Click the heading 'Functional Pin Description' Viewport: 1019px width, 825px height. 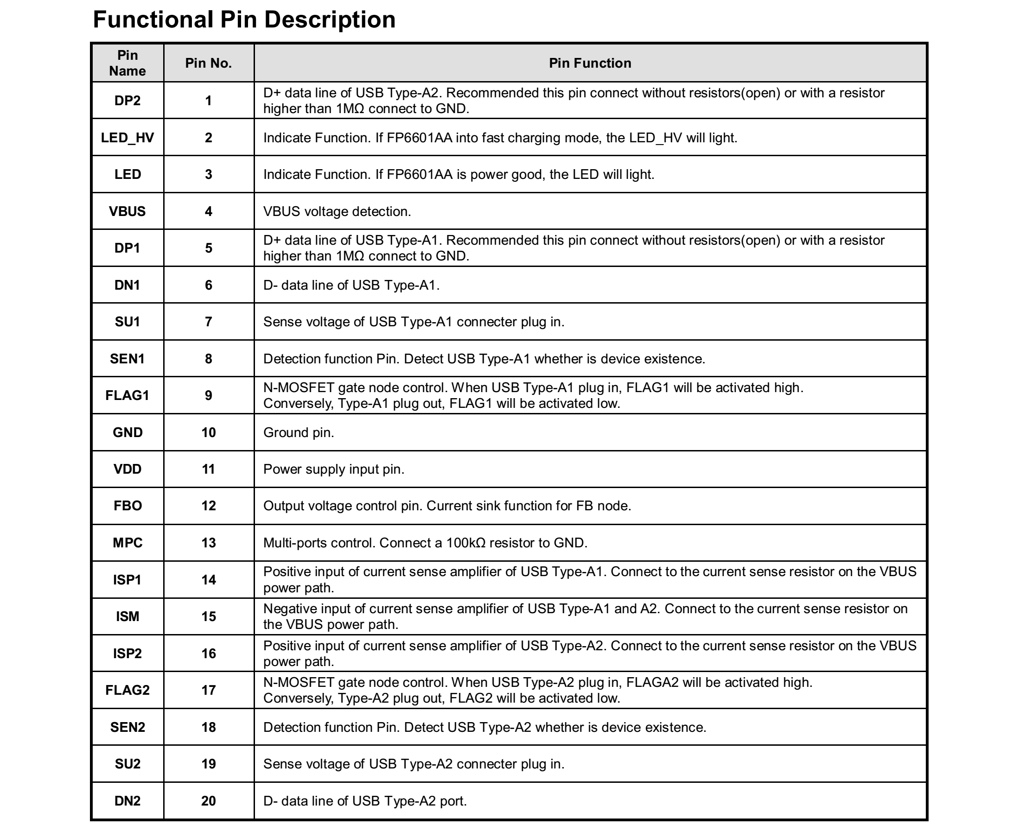click(x=244, y=20)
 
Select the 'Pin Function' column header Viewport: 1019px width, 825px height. click(x=590, y=63)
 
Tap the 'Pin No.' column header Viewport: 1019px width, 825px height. click(x=208, y=63)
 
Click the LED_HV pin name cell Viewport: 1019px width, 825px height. click(x=127, y=138)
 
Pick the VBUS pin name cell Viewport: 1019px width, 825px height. click(x=127, y=211)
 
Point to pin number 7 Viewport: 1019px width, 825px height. click(x=208, y=322)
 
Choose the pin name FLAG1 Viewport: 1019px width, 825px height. click(x=127, y=395)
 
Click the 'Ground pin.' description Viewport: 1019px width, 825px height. click(x=299, y=432)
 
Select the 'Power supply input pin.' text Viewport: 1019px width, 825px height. click(x=334, y=470)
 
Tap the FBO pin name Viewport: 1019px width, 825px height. click(x=127, y=506)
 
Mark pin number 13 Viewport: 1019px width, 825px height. click(x=208, y=543)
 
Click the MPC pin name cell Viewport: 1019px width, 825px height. click(x=127, y=543)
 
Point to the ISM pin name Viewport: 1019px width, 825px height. click(x=127, y=616)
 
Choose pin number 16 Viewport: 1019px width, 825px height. click(x=208, y=654)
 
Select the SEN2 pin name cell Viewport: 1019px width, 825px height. click(x=127, y=727)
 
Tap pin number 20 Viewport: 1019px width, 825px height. click(x=208, y=801)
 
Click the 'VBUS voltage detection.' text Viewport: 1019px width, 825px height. click(x=337, y=211)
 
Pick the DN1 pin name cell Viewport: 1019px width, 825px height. click(x=127, y=285)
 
